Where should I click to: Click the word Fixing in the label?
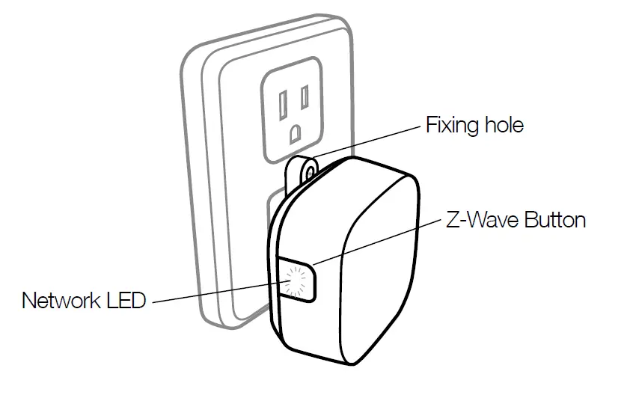pyautogui.click(x=449, y=125)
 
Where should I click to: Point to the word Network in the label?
pyautogui.click(x=61, y=301)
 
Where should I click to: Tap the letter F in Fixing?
pyautogui.click(x=430, y=125)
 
